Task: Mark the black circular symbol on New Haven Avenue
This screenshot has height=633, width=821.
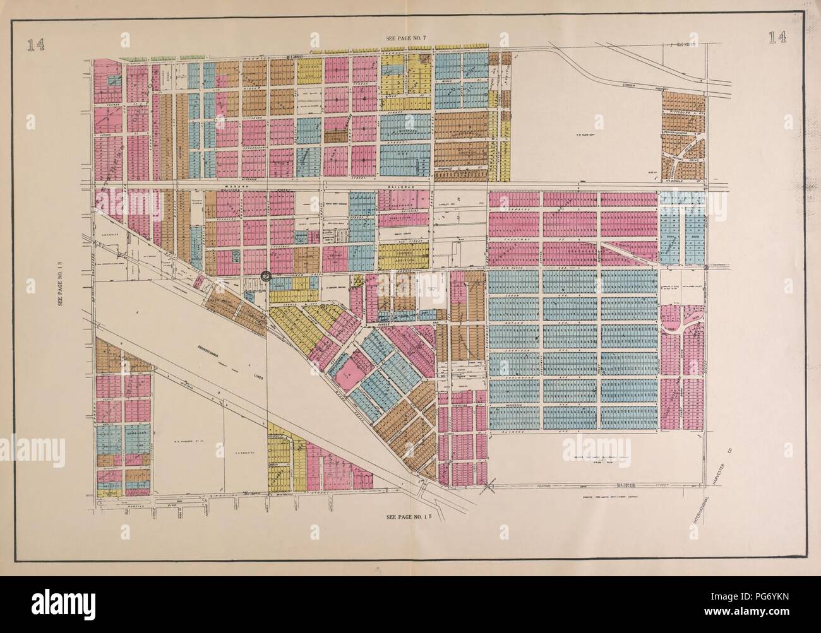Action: coord(266,276)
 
